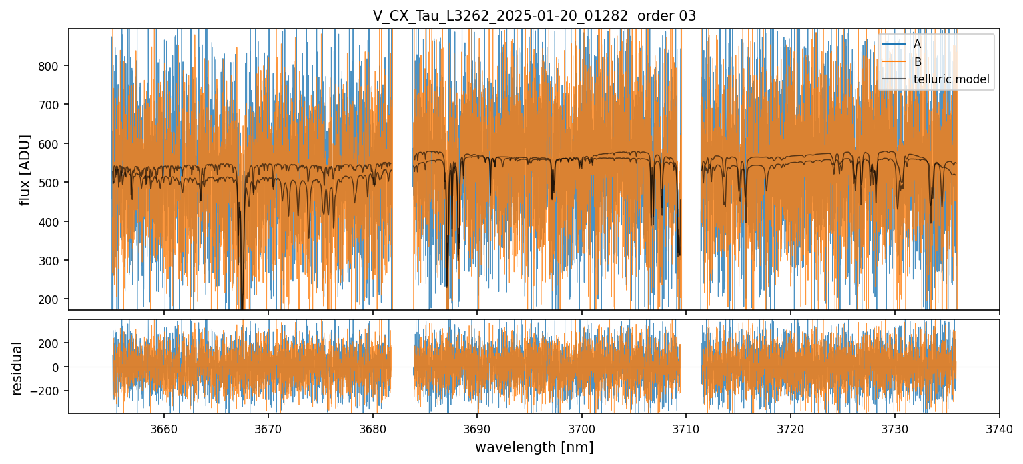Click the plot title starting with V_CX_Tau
[534, 16]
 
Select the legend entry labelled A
[918, 44]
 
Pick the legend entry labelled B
[918, 62]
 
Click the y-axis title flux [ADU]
[25, 169]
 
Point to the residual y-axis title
[17, 367]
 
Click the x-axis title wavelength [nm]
[534, 447]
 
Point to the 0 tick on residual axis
[59, 367]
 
